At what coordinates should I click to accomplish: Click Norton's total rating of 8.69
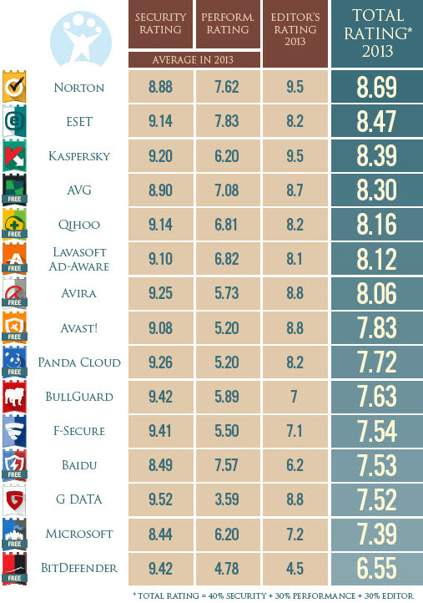tap(376, 87)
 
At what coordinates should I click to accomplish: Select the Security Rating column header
tap(160, 23)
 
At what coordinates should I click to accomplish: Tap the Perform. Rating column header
tap(228, 23)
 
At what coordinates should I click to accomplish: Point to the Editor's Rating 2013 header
tap(295, 29)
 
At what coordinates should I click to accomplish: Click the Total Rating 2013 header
tap(377, 33)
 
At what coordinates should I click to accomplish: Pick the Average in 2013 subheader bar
tap(194, 59)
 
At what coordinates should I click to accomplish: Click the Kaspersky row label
tap(79, 156)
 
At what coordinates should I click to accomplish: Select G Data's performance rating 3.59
tap(227, 499)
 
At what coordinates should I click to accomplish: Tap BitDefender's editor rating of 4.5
tap(295, 569)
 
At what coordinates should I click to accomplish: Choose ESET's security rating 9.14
tap(160, 122)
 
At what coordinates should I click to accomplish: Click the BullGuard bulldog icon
tap(14, 397)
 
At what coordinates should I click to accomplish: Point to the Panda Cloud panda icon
tap(14, 362)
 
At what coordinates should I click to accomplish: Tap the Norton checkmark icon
tap(14, 87)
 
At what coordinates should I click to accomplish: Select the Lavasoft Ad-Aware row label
tap(79, 259)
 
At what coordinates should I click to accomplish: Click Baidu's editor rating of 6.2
tap(295, 465)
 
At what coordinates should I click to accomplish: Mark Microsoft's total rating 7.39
tap(376, 534)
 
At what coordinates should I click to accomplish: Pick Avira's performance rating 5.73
tap(227, 293)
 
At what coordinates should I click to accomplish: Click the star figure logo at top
tap(81, 38)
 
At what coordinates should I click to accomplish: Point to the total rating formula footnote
tap(274, 595)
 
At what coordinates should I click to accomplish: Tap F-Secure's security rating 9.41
tap(160, 431)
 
